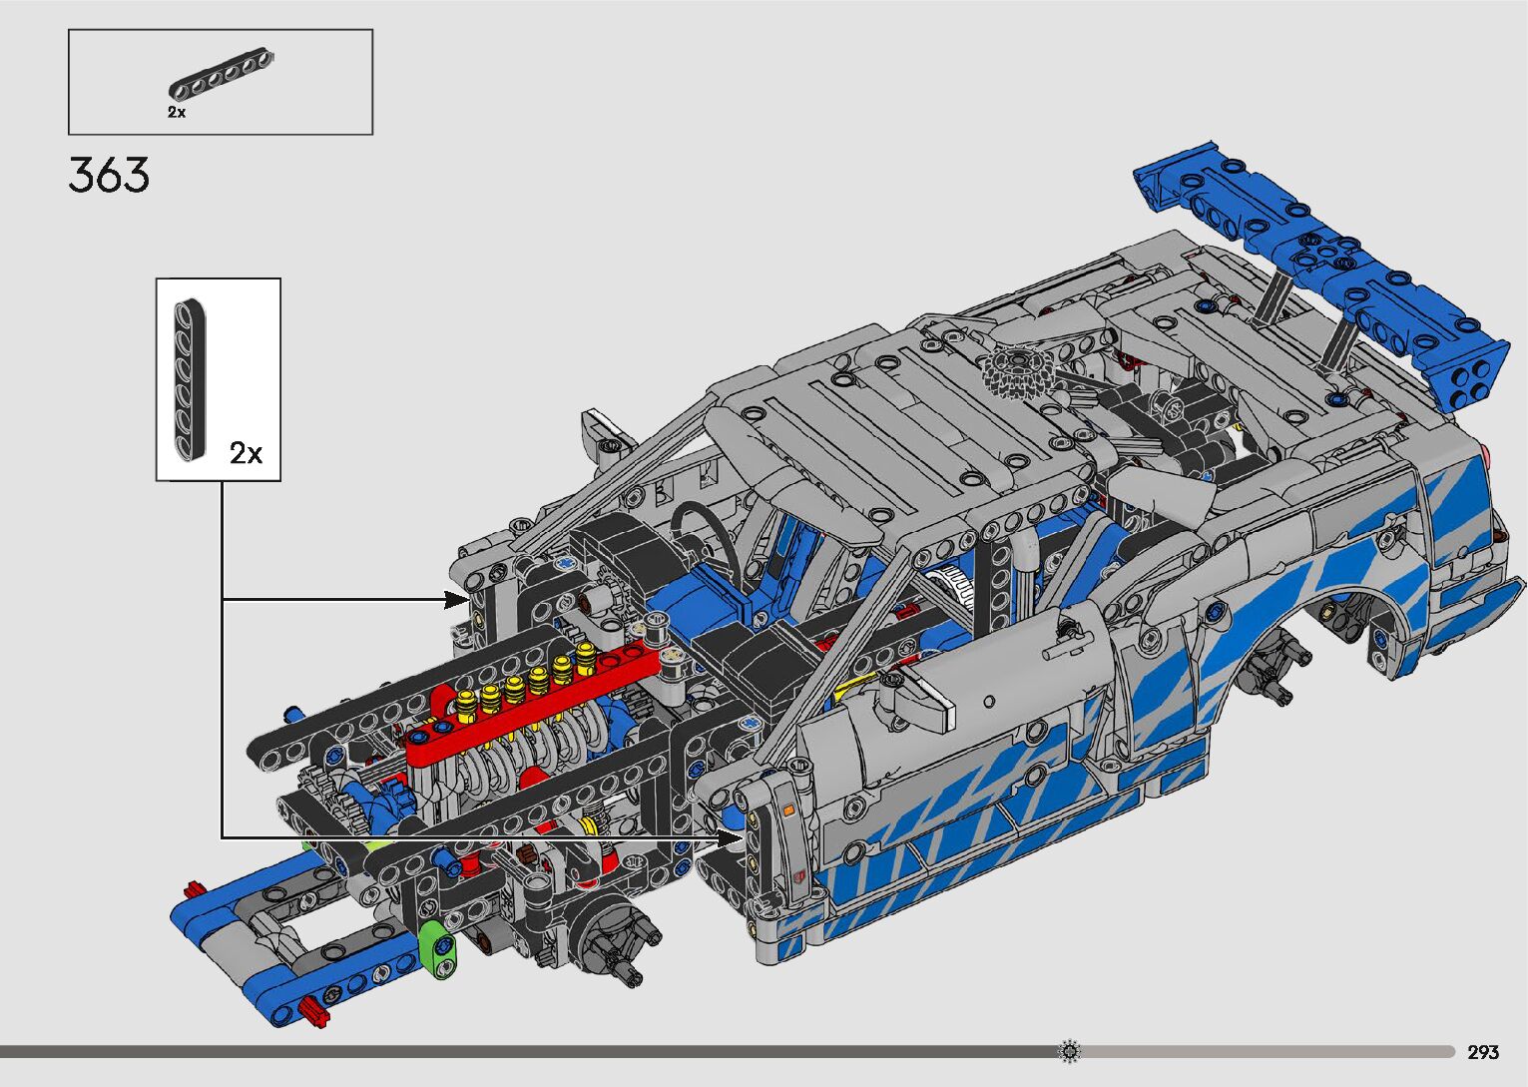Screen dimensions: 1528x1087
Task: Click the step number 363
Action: [x=109, y=175]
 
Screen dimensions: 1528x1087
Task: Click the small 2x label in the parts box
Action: [x=177, y=113]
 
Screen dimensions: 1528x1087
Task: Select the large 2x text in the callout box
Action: [x=246, y=453]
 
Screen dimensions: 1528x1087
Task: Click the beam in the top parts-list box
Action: [x=222, y=74]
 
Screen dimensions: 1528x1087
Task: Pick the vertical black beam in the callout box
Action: [x=190, y=380]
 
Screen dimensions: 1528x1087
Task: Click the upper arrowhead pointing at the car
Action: [x=456, y=600]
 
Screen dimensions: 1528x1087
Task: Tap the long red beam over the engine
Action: [x=531, y=708]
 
